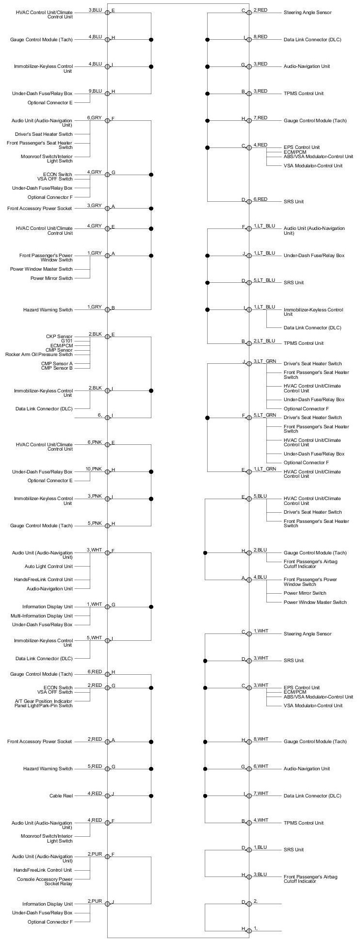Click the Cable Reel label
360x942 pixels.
pos(61,796)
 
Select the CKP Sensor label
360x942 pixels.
pos(59,336)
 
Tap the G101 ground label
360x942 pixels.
pos(65,341)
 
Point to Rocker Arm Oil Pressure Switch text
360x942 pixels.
pos(39,355)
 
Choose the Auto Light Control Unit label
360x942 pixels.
pos(49,566)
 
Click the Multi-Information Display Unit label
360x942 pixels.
pos(42,616)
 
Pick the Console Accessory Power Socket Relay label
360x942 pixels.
pos(45,881)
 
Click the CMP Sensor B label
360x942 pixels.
pos(57,368)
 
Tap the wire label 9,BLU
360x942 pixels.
pos(95,91)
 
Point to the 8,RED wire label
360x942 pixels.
pos(260,37)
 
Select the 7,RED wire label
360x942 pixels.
pos(260,118)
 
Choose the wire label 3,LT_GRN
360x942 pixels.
pos(264,361)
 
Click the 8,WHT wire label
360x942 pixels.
pos(261,739)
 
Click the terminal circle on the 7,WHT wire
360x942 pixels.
pos(249,796)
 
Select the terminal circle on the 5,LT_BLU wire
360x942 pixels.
pos(249,282)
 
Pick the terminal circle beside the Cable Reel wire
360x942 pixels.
pos(107,796)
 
